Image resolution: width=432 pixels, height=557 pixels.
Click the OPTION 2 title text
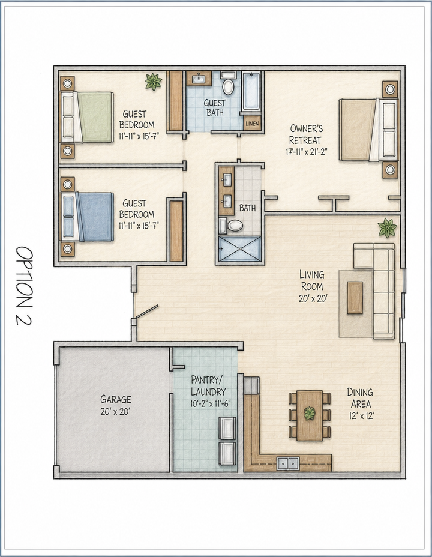(x=25, y=286)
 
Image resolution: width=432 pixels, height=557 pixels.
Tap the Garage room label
(x=116, y=399)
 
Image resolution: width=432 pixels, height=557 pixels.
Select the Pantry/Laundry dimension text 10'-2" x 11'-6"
(x=208, y=404)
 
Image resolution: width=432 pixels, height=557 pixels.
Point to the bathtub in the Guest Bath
(x=251, y=91)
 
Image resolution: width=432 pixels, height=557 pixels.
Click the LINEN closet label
(x=252, y=124)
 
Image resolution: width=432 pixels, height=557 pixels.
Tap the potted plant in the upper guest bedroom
(x=154, y=82)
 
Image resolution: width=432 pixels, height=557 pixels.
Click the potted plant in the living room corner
(x=387, y=227)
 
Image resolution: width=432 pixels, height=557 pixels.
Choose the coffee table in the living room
(x=355, y=297)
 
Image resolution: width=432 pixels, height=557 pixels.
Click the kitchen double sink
(x=288, y=463)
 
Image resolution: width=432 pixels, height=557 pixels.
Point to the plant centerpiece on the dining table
(x=310, y=414)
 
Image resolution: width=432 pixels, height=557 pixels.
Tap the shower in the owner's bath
(x=240, y=249)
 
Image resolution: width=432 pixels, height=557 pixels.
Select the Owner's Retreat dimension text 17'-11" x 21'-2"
(x=306, y=152)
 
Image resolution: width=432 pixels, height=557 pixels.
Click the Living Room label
(x=312, y=280)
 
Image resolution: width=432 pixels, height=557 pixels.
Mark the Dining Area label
(x=360, y=398)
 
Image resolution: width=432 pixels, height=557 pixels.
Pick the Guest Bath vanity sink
(x=199, y=79)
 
